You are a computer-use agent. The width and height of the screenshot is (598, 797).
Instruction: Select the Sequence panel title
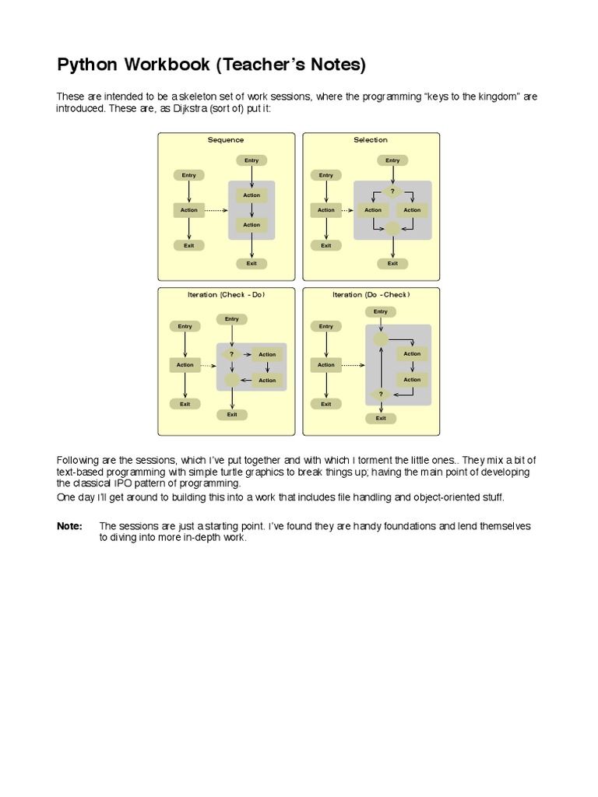pyautogui.click(x=226, y=140)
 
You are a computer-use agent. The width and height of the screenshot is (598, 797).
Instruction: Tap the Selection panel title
pyautogui.click(x=371, y=140)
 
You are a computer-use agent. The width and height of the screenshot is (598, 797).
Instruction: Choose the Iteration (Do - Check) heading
pyautogui.click(x=371, y=295)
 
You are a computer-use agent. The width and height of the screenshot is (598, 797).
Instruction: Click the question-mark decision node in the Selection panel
pyautogui.click(x=392, y=191)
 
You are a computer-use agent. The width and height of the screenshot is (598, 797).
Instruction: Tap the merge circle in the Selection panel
pyautogui.click(x=392, y=228)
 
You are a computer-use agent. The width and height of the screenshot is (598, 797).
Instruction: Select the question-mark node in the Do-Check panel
pyautogui.click(x=381, y=395)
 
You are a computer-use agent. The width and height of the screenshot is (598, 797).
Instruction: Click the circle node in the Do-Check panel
pyautogui.click(x=381, y=339)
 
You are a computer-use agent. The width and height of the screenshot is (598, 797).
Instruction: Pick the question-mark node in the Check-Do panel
pyautogui.click(x=231, y=354)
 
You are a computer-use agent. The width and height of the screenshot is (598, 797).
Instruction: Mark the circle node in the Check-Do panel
pyautogui.click(x=231, y=380)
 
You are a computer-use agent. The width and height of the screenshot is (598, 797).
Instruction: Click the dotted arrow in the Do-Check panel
pyautogui.click(x=353, y=364)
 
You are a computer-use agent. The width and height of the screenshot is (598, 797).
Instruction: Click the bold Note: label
pyautogui.click(x=69, y=526)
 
